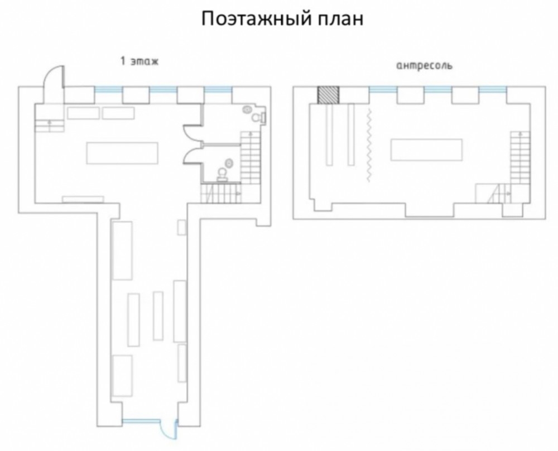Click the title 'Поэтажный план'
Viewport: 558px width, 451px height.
282,19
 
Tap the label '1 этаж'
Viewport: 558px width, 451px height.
139,61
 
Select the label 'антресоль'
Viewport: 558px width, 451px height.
424,66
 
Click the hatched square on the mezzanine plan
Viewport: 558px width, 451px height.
328,95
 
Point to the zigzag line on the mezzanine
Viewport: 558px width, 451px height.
369,145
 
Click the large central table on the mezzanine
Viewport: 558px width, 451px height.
427,150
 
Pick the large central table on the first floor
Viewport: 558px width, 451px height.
122,153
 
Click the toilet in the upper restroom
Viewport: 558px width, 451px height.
259,117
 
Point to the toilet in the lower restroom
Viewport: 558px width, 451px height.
223,175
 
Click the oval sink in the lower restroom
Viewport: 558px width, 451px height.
229,164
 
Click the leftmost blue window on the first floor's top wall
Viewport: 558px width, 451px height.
109,90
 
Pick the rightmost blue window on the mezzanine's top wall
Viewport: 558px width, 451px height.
493,90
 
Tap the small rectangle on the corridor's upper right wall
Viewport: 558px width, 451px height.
182,228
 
